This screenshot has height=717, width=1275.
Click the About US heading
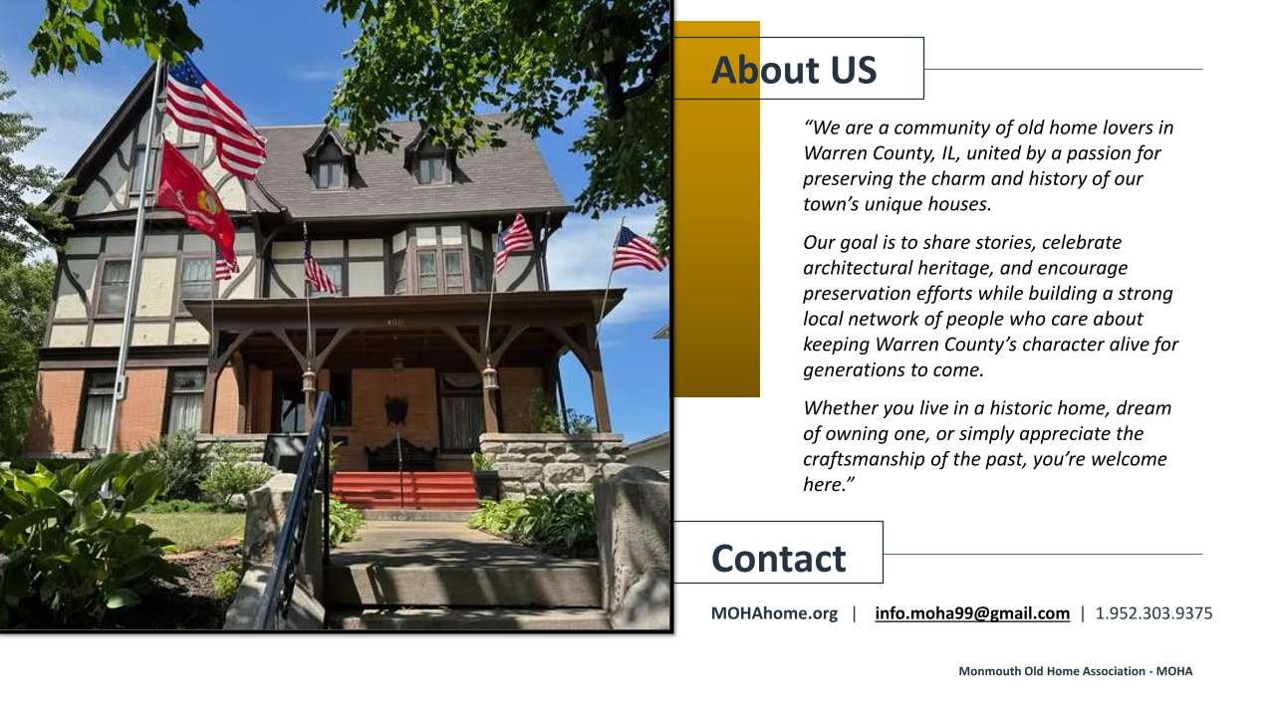tap(794, 70)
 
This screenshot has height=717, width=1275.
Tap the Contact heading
tap(778, 559)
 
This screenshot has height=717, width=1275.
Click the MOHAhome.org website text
tap(774, 613)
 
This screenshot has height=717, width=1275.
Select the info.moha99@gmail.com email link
tap(972, 613)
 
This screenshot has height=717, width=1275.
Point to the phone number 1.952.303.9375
tap(1153, 613)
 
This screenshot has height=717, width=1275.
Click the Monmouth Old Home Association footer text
tap(1075, 671)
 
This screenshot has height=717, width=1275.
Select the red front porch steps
tap(404, 489)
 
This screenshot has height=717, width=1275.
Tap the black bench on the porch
tap(401, 455)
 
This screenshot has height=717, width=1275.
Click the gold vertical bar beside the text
tap(716, 209)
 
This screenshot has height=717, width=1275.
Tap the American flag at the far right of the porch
tap(638, 250)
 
